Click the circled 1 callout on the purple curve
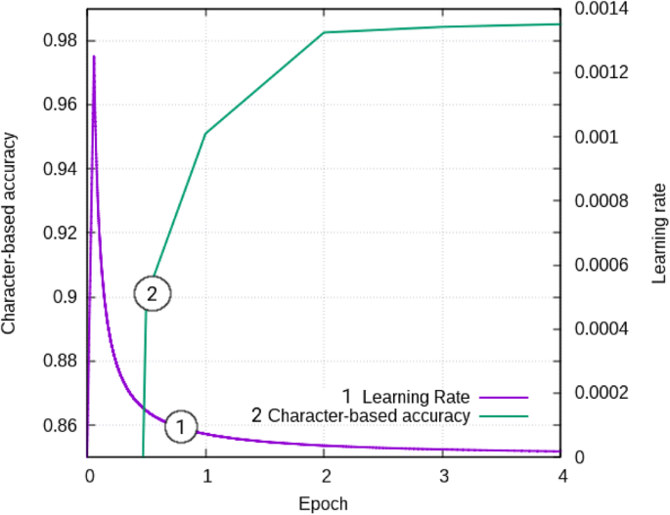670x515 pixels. (x=181, y=426)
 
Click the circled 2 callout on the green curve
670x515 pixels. (x=152, y=293)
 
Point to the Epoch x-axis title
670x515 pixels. (x=324, y=503)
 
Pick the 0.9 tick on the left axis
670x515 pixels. (x=66, y=297)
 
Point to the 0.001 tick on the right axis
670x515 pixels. (x=598, y=137)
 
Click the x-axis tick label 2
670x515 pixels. (x=324, y=476)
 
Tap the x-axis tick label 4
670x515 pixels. (x=561, y=476)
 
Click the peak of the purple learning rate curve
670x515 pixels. (x=94, y=57)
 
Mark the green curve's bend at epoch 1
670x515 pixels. (x=205, y=133)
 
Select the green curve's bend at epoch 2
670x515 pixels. (x=324, y=32)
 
